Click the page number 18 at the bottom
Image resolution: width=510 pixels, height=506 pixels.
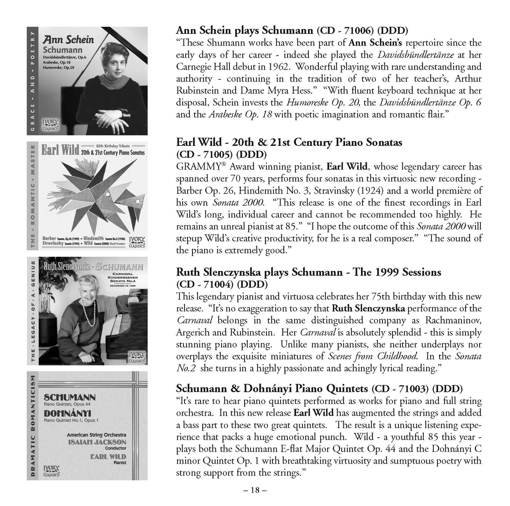pyautogui.click(x=254, y=490)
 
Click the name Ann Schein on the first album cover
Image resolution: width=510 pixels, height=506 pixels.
pyautogui.click(x=68, y=39)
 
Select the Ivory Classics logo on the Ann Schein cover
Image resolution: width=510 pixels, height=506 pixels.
pyautogui.click(x=51, y=125)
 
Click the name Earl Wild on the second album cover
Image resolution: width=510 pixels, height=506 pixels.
pyautogui.click(x=60, y=150)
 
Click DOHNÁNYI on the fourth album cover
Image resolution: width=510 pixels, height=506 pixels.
pyautogui.click(x=68, y=413)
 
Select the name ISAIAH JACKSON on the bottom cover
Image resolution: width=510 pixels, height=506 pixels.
pyautogui.click(x=102, y=442)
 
